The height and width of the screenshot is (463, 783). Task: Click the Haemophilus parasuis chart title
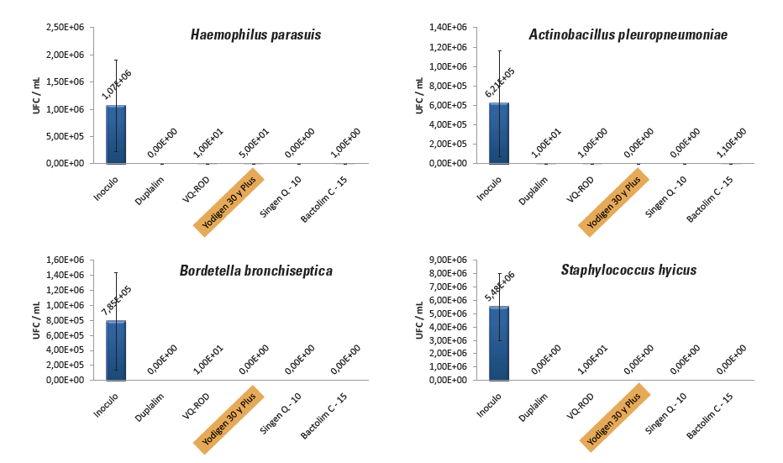pyautogui.click(x=255, y=35)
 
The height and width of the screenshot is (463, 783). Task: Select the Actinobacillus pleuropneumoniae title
pyautogui.click(x=628, y=34)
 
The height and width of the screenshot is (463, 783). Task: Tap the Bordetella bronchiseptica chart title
pyautogui.click(x=255, y=271)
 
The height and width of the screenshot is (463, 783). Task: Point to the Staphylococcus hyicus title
pyautogui.click(x=628, y=270)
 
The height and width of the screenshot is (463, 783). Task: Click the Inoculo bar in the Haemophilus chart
pyautogui.click(x=116, y=134)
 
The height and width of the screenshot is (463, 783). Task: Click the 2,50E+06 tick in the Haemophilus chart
pyautogui.click(x=69, y=28)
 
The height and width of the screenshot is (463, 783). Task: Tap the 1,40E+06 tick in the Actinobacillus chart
pyautogui.click(x=449, y=28)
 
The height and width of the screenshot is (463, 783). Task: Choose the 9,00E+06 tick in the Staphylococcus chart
pyautogui.click(x=449, y=260)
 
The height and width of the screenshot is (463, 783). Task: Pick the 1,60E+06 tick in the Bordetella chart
pyautogui.click(x=69, y=260)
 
